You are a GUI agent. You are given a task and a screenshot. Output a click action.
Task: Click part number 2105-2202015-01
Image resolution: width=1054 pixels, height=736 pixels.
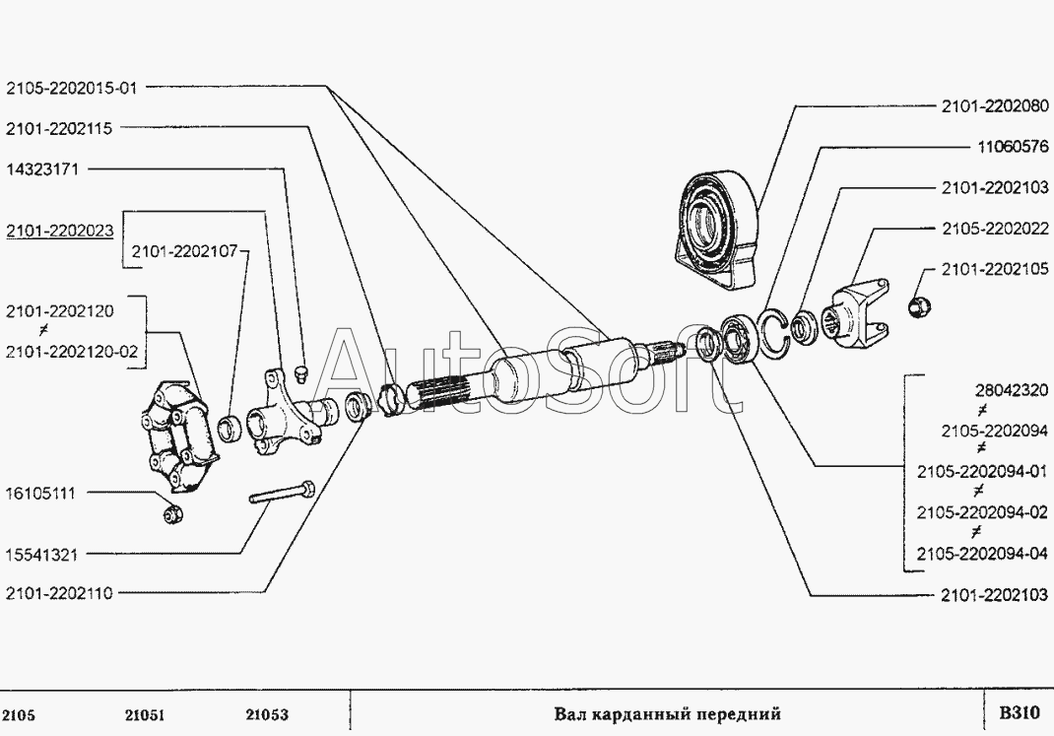(71, 88)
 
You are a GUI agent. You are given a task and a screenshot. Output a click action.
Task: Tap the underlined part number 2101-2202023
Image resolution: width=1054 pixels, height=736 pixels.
(59, 232)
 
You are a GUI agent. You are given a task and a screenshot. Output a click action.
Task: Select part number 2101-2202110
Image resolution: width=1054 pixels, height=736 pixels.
(59, 592)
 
